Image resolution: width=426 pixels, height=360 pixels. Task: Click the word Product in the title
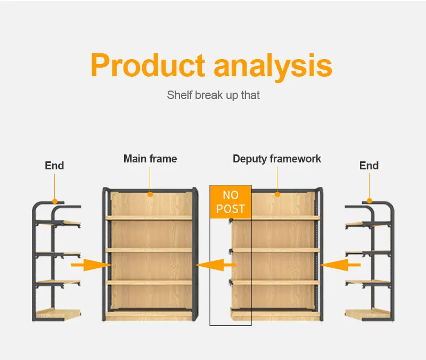148,65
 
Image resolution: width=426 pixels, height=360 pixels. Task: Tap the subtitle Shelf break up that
214,95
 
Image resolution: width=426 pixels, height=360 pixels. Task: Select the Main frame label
150,159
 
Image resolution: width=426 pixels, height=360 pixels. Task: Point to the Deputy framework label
277,159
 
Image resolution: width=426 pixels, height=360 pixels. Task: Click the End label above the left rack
54,166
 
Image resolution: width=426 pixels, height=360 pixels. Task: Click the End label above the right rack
369,166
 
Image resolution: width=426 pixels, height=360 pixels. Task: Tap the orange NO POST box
231,202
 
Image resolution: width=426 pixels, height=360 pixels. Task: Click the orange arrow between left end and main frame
91,265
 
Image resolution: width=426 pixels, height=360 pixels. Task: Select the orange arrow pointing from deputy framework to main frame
216,265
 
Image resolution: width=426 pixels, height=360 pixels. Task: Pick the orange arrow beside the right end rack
340,265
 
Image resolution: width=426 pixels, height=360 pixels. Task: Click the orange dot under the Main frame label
150,194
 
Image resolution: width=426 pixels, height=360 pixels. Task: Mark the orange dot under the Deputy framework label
277,194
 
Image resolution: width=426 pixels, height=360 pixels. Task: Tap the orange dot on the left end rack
55,201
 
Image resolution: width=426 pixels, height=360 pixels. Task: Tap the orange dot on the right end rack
370,201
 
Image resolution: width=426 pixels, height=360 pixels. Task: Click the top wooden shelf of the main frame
149,218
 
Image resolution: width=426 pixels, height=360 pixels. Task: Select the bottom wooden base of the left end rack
58,314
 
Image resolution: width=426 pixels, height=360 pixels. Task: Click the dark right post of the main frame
195,254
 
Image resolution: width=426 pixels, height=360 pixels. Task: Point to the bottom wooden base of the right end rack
368,314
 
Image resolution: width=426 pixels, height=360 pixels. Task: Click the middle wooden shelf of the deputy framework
276,250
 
